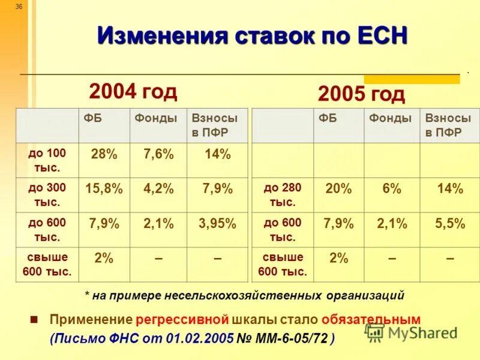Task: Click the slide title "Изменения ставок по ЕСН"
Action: [252, 35]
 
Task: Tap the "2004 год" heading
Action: [133, 91]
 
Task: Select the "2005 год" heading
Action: [361, 94]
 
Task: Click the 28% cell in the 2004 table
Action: [104, 155]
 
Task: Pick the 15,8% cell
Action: [104, 189]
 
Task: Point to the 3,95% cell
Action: [217, 224]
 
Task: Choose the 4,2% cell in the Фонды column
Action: [158, 189]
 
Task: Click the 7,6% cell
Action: [158, 155]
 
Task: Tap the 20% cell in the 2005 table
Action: [338, 189]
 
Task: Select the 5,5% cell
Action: [450, 224]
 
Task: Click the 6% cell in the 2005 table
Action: [391, 189]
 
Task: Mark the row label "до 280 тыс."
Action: [283, 194]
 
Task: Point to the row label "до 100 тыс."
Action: [47, 160]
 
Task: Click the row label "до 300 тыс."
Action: [47, 194]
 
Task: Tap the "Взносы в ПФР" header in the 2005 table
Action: [448, 125]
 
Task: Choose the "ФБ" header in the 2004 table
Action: [93, 118]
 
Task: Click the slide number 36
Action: [19, 7]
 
